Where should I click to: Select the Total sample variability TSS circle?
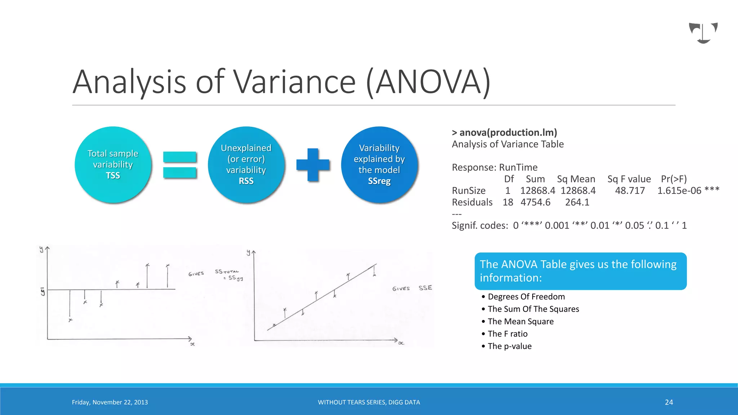click(113, 165)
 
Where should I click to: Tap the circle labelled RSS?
click(246, 165)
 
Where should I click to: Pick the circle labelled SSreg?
click(379, 165)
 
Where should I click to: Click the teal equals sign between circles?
click(179, 165)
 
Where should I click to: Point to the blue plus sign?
click(313, 165)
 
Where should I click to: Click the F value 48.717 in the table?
click(630, 191)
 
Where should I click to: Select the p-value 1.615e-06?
click(679, 191)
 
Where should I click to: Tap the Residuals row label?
click(472, 202)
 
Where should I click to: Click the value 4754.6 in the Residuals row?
click(535, 202)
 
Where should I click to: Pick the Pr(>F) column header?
click(673, 179)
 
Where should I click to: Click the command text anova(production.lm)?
click(508, 133)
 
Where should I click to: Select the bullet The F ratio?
click(507, 334)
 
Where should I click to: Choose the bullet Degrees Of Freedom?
click(526, 296)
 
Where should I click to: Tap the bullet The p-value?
click(510, 346)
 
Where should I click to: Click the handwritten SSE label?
click(425, 288)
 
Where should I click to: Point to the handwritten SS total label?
click(227, 272)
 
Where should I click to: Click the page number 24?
click(669, 402)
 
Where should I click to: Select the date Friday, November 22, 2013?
click(110, 402)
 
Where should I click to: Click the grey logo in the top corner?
click(703, 33)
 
